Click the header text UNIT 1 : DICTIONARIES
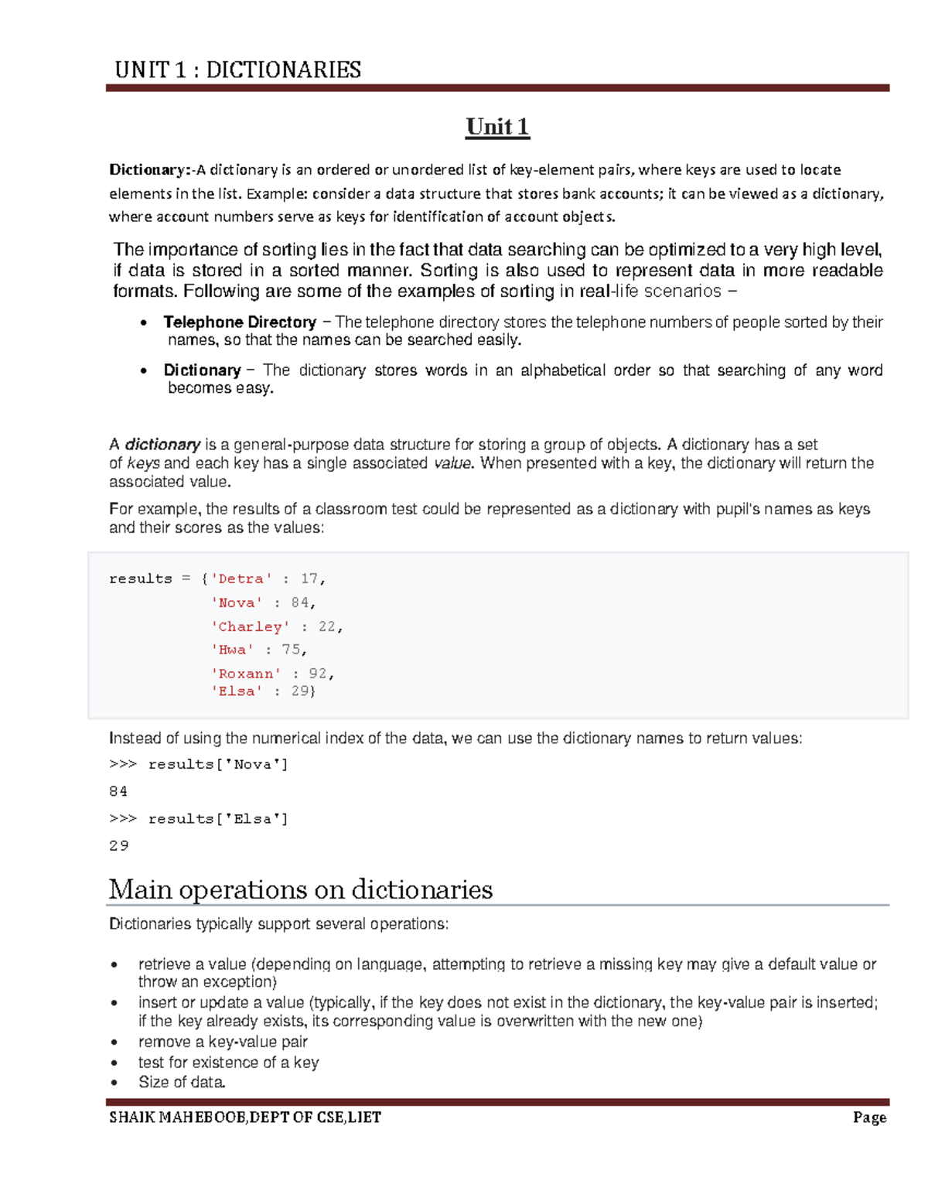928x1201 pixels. coord(237,70)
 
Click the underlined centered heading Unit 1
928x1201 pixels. coord(497,127)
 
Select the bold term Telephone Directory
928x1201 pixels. coord(240,322)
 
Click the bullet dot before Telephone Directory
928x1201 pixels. coord(144,323)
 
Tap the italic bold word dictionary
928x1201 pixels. coord(162,445)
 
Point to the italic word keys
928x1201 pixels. coord(143,463)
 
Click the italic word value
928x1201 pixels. coord(452,463)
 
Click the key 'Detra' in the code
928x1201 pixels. coord(241,579)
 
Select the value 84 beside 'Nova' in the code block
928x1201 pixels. coord(300,602)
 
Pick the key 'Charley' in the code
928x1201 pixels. coord(250,626)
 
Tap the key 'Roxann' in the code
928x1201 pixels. coord(246,674)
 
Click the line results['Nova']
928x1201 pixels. coord(218,765)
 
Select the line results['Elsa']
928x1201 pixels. coord(218,819)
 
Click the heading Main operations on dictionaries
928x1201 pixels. coord(300,889)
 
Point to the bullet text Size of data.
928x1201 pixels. coord(182,1083)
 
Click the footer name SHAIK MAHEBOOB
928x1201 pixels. coord(178,1117)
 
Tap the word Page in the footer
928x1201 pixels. coord(869,1117)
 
